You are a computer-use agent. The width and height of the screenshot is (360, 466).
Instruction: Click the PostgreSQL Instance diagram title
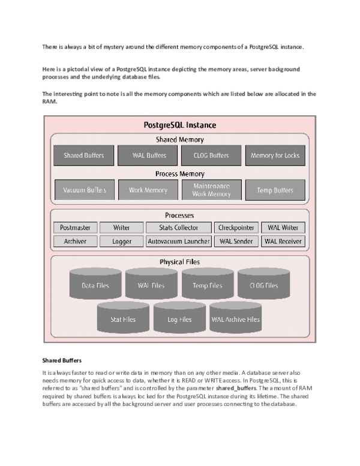[x=180, y=125]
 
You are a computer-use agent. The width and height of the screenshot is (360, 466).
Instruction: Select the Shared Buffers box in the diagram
[x=84, y=156]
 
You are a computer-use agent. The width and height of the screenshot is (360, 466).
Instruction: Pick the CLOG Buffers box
[x=211, y=156]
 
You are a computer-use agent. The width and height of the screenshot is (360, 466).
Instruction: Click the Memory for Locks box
[x=275, y=156]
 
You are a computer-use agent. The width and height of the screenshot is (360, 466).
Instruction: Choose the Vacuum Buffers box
[x=85, y=190]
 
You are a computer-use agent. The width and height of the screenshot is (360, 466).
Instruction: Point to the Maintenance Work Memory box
[x=211, y=190]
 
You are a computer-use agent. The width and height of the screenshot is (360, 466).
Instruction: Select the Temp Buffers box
[x=275, y=190]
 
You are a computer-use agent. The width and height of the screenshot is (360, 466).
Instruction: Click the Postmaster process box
[x=76, y=228]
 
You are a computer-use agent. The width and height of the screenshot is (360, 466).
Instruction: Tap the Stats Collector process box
[x=179, y=228]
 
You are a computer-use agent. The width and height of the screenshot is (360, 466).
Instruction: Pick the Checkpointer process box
[x=236, y=228]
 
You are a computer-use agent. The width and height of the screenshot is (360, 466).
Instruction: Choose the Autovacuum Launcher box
[x=179, y=241]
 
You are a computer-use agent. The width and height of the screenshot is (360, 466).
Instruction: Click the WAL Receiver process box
[x=283, y=241]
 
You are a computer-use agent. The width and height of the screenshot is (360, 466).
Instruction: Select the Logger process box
[x=121, y=241]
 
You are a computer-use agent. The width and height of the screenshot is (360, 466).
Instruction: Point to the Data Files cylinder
[x=95, y=283]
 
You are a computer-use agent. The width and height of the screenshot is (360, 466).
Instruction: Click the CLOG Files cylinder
[x=264, y=283]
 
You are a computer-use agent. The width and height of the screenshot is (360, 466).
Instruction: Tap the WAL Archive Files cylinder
[x=236, y=318]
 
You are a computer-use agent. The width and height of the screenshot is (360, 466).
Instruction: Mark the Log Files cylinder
[x=179, y=318]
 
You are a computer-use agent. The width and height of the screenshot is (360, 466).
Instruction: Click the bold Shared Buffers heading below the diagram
[x=62, y=360]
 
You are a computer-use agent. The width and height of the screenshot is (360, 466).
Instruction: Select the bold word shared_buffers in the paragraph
[x=236, y=389]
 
